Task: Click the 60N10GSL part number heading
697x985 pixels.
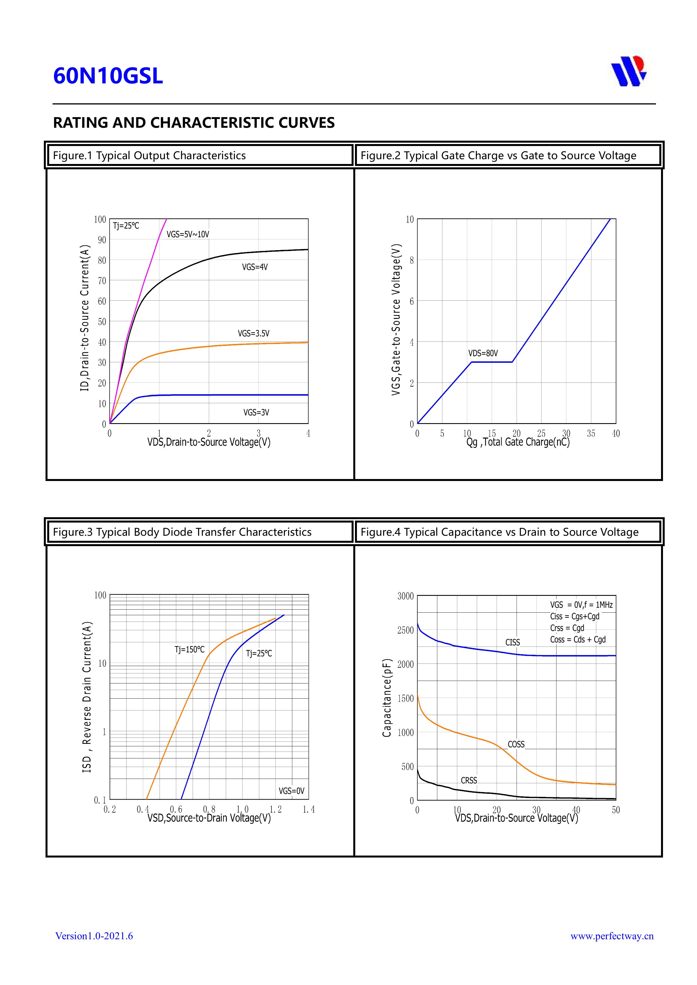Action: click(108, 76)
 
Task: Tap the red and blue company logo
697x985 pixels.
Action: click(629, 71)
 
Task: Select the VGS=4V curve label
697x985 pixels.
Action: click(255, 267)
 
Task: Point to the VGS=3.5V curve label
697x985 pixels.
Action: click(254, 333)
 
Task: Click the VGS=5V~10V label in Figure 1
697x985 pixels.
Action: click(188, 234)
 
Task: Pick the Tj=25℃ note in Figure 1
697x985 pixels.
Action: click(126, 226)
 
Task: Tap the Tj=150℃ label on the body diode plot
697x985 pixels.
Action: click(189, 649)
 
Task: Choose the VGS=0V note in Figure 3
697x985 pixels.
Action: click(291, 791)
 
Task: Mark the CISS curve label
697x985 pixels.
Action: click(512, 642)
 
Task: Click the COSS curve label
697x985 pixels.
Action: click(516, 744)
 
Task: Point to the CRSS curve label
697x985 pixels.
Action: click(469, 780)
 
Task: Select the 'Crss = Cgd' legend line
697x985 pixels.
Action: click(567, 628)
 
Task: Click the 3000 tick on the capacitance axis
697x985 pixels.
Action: click(405, 596)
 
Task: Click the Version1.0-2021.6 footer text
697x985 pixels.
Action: click(94, 936)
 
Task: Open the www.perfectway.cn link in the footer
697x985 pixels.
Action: click(612, 936)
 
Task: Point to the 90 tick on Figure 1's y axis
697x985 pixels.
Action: click(102, 240)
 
